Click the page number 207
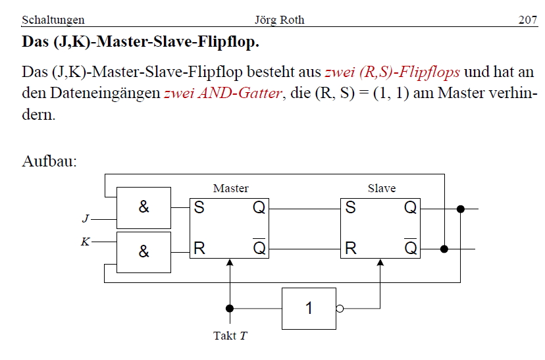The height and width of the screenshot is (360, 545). [x=528, y=20]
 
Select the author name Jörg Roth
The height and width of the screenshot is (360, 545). [x=279, y=20]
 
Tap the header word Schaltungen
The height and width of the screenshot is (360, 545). [x=53, y=20]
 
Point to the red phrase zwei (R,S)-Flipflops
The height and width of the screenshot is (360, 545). [x=392, y=72]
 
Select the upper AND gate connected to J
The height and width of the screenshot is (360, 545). [x=143, y=207]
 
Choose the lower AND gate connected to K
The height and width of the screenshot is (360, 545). [x=143, y=251]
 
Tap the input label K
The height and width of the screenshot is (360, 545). [x=85, y=242]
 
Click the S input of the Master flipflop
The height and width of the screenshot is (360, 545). [x=199, y=208]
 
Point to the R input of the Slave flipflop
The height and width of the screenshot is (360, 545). [x=350, y=249]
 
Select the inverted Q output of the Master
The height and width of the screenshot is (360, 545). [x=259, y=248]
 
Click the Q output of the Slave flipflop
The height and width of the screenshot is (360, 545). [x=410, y=208]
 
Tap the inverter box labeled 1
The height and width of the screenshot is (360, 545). [x=309, y=308]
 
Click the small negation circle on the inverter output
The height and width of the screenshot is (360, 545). [x=340, y=308]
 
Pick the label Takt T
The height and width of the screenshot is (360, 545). [x=230, y=336]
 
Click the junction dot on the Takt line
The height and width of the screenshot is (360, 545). [x=230, y=308]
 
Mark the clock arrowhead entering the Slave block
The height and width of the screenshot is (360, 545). [x=380, y=263]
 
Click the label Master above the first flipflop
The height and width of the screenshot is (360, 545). [x=230, y=189]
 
